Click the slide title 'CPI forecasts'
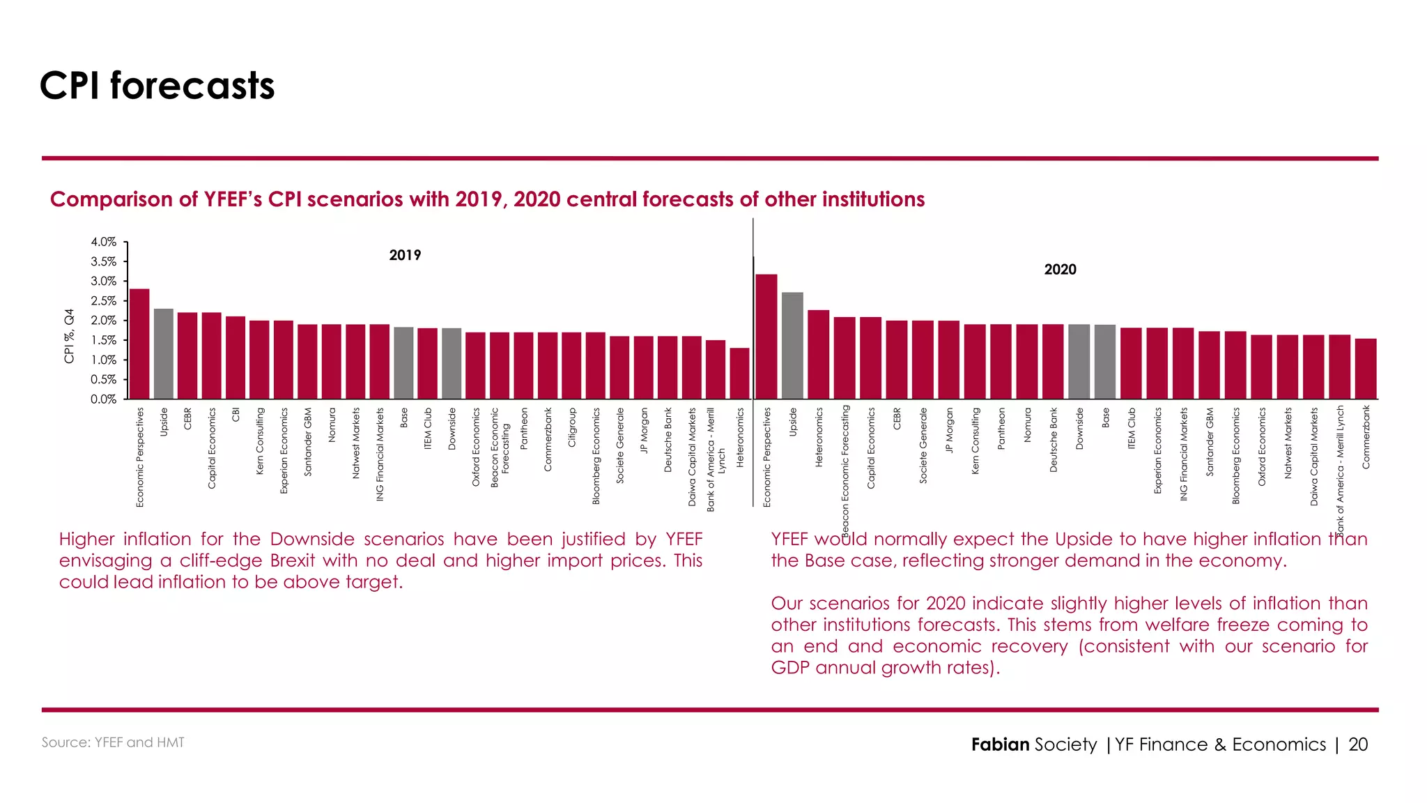point(157,86)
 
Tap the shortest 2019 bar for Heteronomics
point(739,373)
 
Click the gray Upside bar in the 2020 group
point(792,346)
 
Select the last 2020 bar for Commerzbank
point(1366,369)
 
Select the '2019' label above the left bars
point(405,256)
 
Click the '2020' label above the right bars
point(1060,270)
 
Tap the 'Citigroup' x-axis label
point(572,427)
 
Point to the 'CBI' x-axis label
point(236,415)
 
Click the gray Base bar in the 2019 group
point(403,363)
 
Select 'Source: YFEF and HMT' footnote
point(113,743)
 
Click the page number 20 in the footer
point(1358,744)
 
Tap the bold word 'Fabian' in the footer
point(1000,744)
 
